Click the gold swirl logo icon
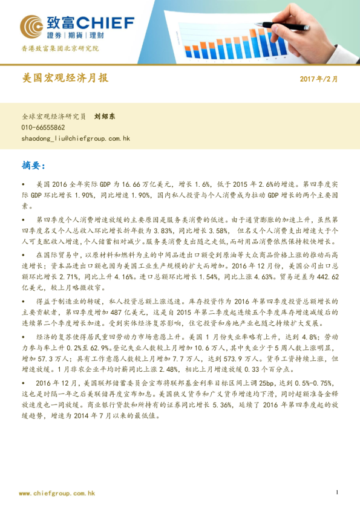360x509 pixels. tap(31, 27)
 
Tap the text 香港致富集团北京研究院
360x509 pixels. tap(60, 48)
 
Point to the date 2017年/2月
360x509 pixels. tap(319, 79)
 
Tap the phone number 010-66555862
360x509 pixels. tap(43, 128)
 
